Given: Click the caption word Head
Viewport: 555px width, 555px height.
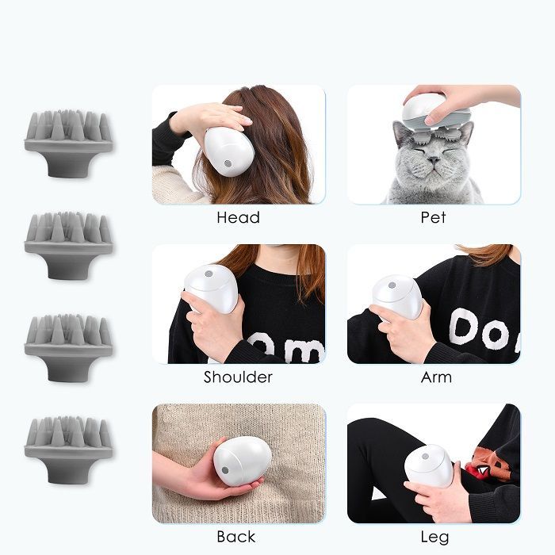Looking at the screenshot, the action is (238, 217).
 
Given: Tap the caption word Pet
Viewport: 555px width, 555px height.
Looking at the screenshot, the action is (433, 217).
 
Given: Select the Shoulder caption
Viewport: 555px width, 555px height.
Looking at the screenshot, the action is (238, 377).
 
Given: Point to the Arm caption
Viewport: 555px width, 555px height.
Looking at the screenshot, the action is (436, 377).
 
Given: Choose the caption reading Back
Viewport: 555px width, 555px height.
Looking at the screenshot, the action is (236, 537).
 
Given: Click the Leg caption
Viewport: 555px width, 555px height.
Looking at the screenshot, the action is (434, 538).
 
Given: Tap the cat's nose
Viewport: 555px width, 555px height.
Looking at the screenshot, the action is (433, 160).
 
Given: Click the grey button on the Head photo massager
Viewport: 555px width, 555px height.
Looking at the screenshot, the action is (228, 163).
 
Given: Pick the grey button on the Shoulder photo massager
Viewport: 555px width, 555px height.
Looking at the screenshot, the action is (209, 274).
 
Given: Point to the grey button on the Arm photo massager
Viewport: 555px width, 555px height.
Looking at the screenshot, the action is (392, 285).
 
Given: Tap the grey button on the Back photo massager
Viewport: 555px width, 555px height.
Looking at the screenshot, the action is (225, 470).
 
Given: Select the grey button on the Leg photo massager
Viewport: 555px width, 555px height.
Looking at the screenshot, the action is (425, 456).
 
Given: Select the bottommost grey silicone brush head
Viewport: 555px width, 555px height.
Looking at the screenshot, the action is (68, 450).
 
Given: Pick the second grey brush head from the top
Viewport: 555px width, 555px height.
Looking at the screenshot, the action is (68, 245).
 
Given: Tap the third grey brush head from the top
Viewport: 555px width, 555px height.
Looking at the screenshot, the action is (68, 347).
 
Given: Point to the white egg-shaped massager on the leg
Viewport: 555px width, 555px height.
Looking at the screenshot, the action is (429, 466).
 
